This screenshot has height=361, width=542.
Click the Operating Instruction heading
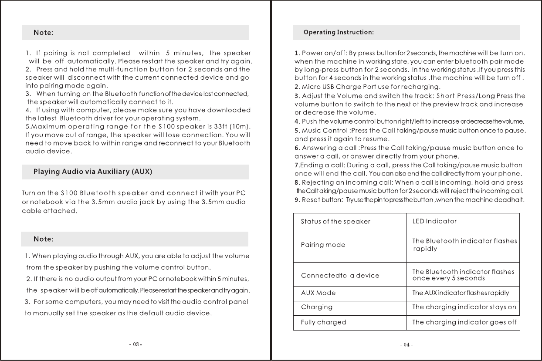click(x=339, y=32)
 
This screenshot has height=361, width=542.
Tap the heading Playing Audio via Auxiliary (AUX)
click(x=93, y=172)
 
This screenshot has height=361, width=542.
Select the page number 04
click(x=406, y=345)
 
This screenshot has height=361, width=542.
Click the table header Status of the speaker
click(x=335, y=221)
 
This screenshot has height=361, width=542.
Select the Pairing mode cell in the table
click(x=323, y=245)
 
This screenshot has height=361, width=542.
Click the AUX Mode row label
click(x=318, y=293)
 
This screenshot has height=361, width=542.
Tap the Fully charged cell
click(x=324, y=322)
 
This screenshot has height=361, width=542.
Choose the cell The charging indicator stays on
click(x=464, y=307)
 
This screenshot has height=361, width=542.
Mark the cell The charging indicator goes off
click(x=464, y=322)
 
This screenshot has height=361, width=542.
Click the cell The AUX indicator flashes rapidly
click(x=460, y=293)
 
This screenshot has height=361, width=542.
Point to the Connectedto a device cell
click(x=340, y=276)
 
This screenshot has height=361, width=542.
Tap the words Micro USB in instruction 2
click(x=318, y=87)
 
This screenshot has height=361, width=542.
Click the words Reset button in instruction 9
click(x=318, y=200)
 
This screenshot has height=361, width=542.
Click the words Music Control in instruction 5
click(x=323, y=131)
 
